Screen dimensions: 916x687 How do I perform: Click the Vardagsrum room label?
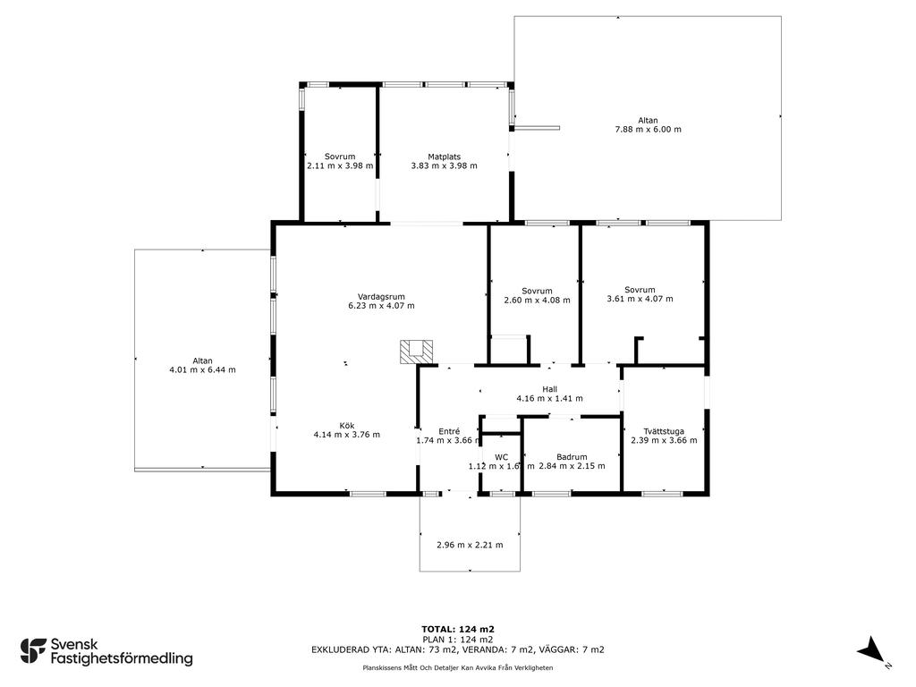(381, 296)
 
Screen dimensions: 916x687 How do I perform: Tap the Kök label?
(347, 425)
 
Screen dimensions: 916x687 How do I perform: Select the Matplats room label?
(444, 157)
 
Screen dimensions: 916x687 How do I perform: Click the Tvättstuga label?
(665, 431)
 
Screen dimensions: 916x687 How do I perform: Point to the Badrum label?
(572, 457)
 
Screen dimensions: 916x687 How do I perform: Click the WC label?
(501, 457)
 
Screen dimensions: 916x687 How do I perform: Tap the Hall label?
(550, 389)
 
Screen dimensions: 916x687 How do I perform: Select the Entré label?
(449, 431)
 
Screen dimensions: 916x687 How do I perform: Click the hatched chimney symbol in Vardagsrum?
(417, 352)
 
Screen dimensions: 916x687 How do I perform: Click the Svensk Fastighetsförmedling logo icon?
(33, 651)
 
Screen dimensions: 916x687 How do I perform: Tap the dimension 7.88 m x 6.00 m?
(648, 129)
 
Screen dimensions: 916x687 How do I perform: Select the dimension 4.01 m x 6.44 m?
(203, 369)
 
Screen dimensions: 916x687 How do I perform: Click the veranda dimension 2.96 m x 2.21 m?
(470, 545)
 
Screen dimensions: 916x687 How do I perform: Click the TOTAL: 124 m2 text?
(458, 629)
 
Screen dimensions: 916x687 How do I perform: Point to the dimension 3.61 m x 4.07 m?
(640, 299)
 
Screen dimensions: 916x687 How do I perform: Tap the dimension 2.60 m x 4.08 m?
(537, 301)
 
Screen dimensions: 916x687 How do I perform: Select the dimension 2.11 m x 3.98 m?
(340, 165)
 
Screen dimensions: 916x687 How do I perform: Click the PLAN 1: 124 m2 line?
(458, 639)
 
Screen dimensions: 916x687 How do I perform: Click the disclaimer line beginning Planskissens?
(458, 667)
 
